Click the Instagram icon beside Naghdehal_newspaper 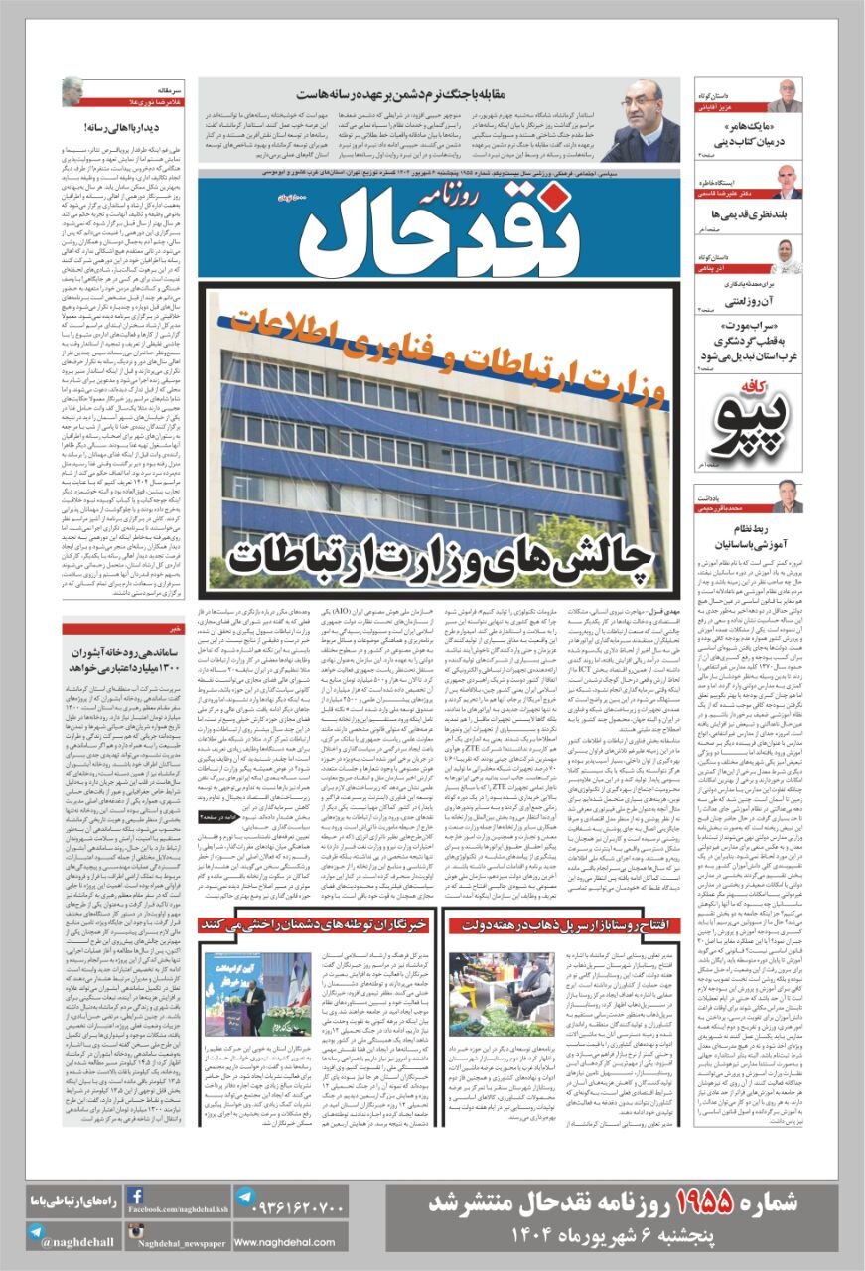(x=135, y=1232)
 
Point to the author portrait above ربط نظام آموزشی (x=786, y=494)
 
